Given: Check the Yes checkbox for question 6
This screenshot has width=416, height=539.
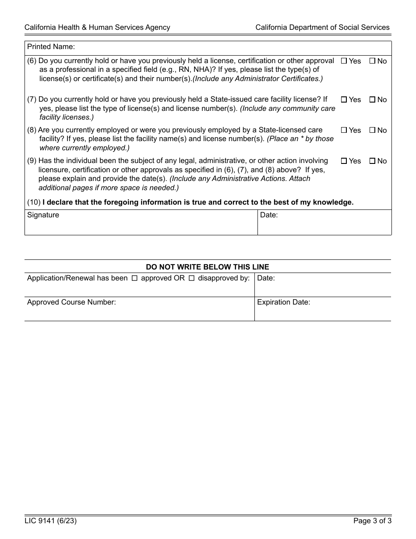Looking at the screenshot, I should [x=344, y=61].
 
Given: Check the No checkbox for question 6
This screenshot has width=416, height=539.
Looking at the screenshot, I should [x=372, y=61].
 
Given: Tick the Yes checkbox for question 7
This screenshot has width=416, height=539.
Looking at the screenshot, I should [x=344, y=100].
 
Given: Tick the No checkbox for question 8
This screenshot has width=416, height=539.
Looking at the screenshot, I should [x=372, y=131].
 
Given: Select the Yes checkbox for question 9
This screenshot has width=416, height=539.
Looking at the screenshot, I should [x=344, y=161].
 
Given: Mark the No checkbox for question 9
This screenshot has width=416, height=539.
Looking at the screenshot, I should [x=372, y=161].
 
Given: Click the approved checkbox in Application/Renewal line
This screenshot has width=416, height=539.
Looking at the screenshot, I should [x=135, y=278].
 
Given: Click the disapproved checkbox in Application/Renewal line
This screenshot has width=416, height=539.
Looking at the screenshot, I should [x=191, y=278].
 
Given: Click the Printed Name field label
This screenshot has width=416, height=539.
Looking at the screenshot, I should [x=51, y=46].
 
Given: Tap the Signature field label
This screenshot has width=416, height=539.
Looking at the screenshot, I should [x=43, y=215].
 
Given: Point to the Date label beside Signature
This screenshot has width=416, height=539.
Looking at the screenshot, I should [x=269, y=215].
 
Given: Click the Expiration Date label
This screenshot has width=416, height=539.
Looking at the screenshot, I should [x=283, y=302].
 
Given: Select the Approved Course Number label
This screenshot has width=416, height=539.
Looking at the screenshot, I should [x=71, y=302].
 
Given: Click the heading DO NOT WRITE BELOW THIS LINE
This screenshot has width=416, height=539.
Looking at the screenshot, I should [x=208, y=267].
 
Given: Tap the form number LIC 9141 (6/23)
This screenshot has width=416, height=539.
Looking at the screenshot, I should [x=47, y=521].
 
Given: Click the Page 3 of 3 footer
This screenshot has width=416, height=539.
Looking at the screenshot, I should [x=372, y=521].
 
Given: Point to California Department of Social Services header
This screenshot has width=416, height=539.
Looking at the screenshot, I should [x=322, y=27].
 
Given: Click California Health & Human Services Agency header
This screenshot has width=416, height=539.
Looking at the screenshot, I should [x=97, y=27].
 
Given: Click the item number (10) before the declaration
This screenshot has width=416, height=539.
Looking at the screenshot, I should [x=34, y=202].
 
